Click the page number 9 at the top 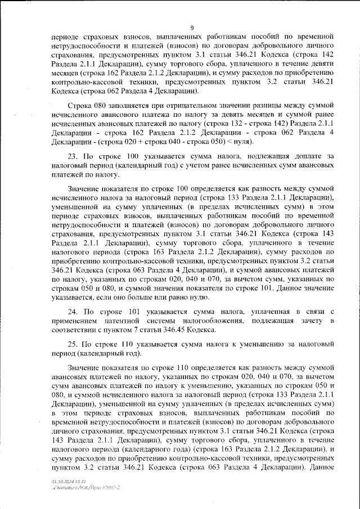pyautogui.click(x=192, y=28)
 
